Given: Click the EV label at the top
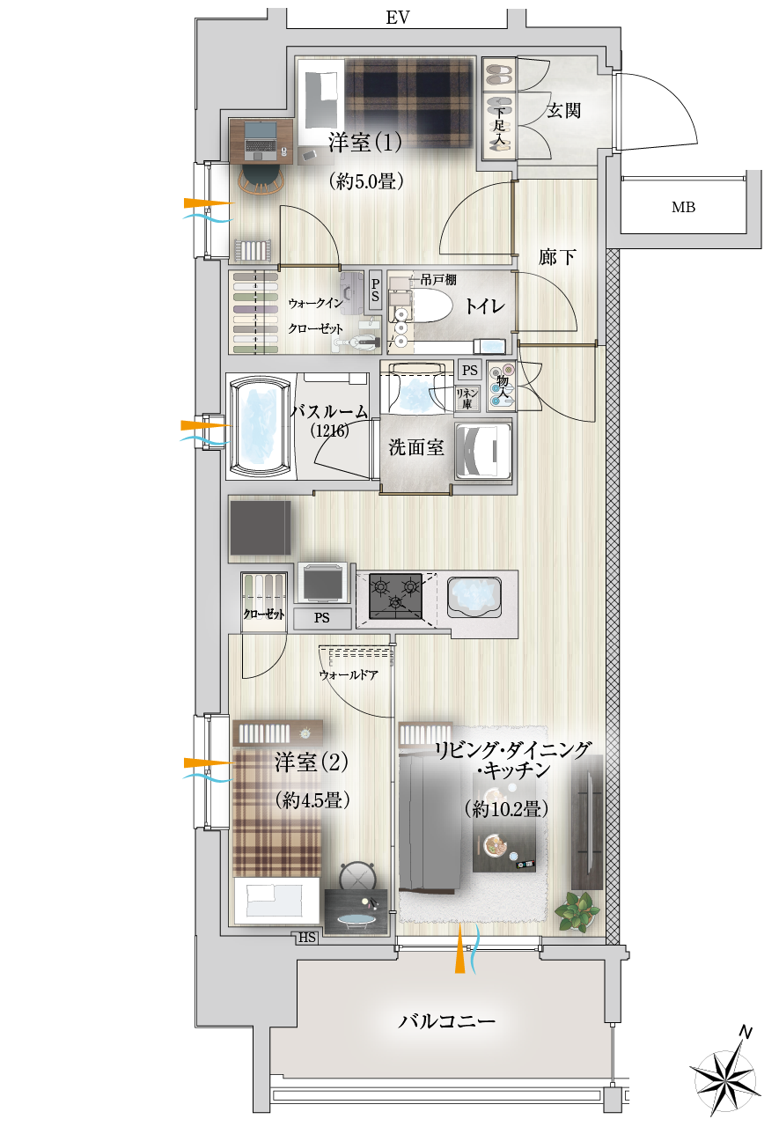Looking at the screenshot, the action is click(397, 18).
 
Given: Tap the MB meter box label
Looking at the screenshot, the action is click(683, 207).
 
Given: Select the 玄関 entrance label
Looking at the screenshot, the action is click(563, 110).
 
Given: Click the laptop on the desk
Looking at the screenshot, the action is click(261, 138).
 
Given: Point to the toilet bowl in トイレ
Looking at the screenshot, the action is click(430, 305).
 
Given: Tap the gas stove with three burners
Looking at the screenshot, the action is click(395, 596).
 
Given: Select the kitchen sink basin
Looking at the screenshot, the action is click(474, 595).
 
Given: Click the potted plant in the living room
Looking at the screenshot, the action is click(577, 911).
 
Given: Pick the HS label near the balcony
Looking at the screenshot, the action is click(306, 937).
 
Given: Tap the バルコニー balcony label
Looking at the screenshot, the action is click(446, 1021).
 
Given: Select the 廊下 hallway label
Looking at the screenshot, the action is click(557, 257).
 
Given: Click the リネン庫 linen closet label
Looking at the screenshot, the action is click(467, 399).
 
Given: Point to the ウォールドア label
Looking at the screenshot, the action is click(349, 674).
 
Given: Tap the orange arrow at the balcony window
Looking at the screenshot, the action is click(459, 949).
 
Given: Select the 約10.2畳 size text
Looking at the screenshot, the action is click(507, 809).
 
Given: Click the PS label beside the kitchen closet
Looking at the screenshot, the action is click(321, 618).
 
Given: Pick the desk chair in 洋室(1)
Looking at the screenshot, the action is click(261, 180).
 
